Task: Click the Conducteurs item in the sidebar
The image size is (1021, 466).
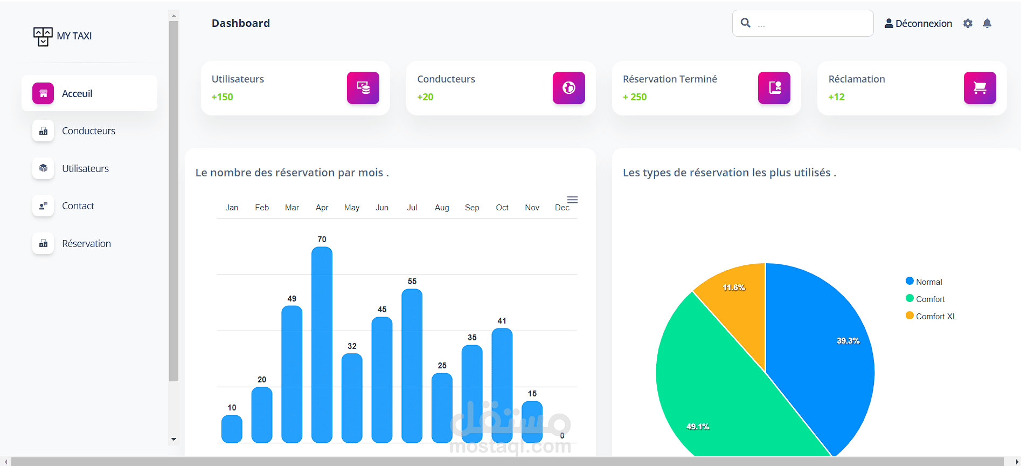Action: coord(88,131)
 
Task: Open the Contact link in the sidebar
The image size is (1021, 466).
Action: coord(78,206)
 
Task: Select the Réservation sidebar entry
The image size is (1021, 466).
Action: coord(86,244)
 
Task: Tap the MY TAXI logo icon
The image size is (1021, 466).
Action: coord(43,36)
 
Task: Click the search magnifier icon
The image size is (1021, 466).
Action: coord(746,23)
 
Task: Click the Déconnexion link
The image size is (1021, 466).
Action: coord(918,24)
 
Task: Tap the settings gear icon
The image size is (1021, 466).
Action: coord(968,24)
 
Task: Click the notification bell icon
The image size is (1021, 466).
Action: coord(987,24)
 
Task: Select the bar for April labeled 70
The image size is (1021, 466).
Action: coord(322,345)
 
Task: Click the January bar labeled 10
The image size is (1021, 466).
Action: coord(232,429)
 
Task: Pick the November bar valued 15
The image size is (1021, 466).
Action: coord(532,422)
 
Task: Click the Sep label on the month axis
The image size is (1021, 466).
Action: coord(472,208)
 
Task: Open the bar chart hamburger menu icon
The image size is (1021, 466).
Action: coord(572,200)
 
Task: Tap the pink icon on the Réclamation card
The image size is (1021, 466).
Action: coord(980,88)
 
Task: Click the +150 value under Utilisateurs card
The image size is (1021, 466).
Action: coord(222,97)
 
